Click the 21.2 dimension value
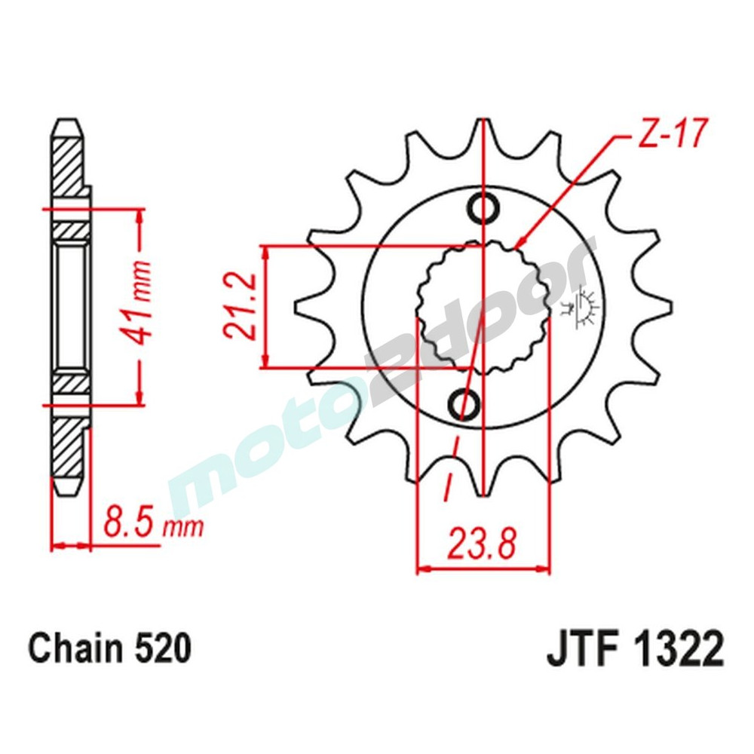pos(238,307)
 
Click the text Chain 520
pos(109,648)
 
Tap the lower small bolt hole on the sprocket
pos(463,405)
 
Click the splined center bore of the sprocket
pos(483,305)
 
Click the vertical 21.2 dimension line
pos(265,307)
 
